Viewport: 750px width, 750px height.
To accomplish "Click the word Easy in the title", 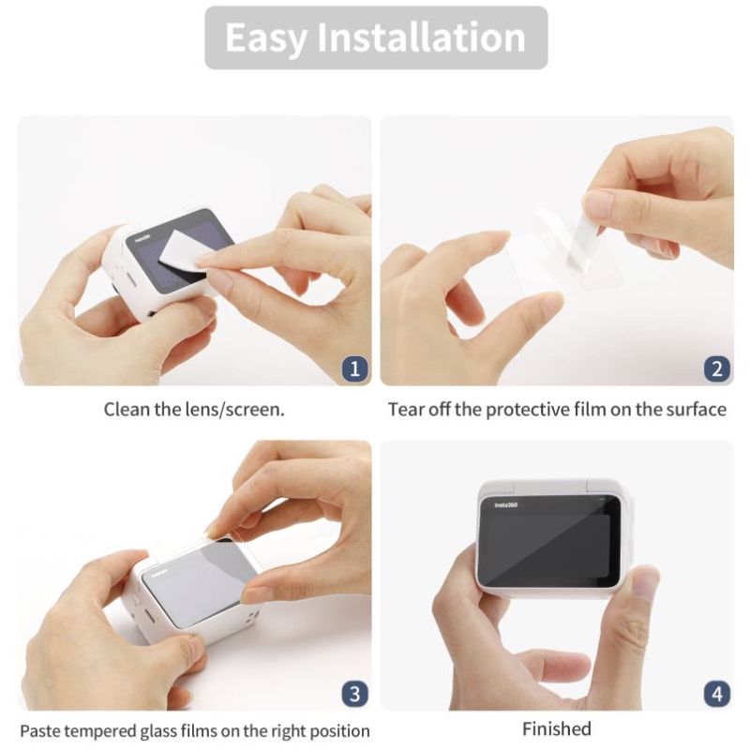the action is (265, 38).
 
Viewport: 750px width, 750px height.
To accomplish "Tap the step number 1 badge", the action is (355, 369).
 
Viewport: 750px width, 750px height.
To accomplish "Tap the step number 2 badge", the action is (717, 369).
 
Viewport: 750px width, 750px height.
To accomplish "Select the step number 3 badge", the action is (355, 694).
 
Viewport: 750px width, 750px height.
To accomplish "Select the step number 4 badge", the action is (717, 694).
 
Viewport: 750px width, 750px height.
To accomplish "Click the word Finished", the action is (557, 729).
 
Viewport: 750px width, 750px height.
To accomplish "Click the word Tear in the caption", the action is (406, 410).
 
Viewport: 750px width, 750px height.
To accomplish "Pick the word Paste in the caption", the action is (40, 731).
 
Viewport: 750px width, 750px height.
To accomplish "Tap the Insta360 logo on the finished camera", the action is (506, 505).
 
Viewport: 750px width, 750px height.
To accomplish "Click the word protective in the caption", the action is (528, 411).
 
